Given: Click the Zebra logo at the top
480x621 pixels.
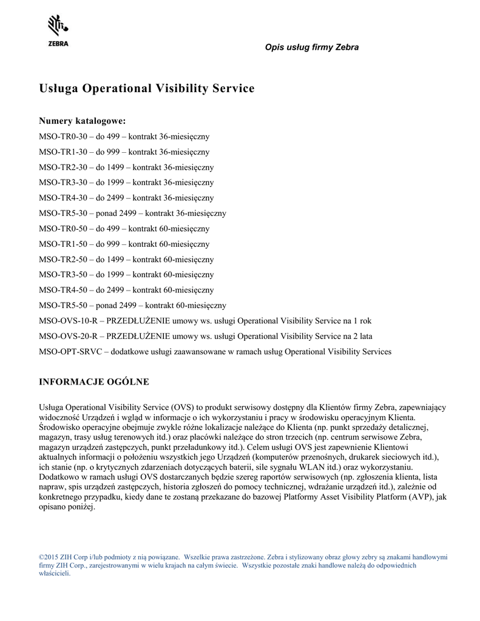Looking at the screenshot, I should pyautogui.click(x=58, y=31).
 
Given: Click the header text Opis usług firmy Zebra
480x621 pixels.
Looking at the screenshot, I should pyautogui.click(x=311, y=47).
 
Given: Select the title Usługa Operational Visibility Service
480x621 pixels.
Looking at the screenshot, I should pyautogui.click(x=146, y=89).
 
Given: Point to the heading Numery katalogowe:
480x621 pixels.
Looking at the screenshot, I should pyautogui.click(x=82, y=121).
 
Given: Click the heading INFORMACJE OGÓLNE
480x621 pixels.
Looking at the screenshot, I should pyautogui.click(x=93, y=382).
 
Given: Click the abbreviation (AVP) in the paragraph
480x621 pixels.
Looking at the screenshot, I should pyautogui.click(x=422, y=497).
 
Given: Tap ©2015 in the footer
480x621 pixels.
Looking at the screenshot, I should pyautogui.click(x=49, y=556).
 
